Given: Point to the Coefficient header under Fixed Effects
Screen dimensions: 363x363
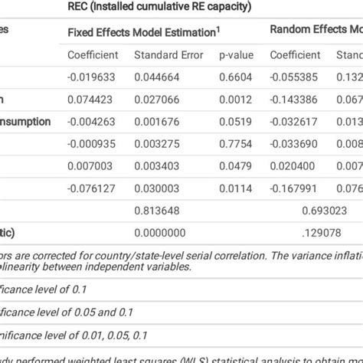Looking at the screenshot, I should pos(93,55).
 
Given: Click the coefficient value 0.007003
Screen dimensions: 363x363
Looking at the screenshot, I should pos(91,165).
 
